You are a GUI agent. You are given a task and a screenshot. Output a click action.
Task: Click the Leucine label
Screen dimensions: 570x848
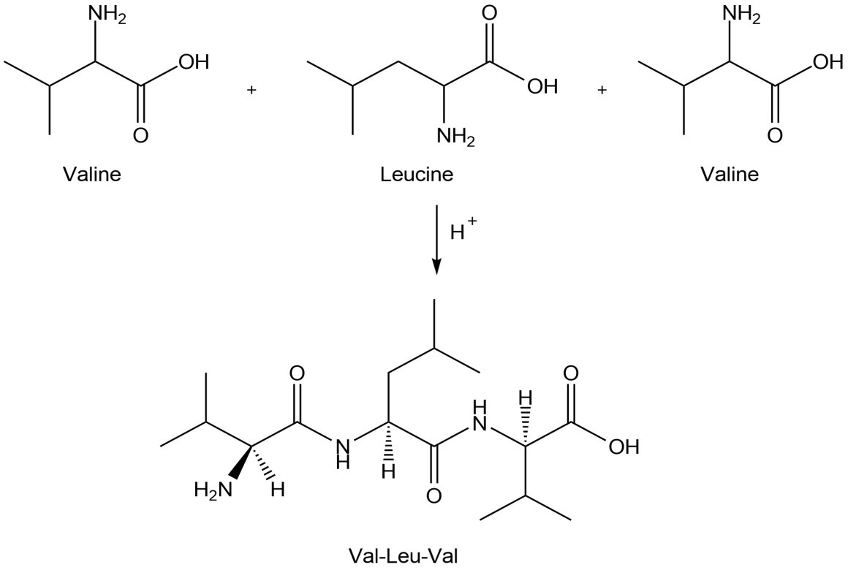[x=417, y=175]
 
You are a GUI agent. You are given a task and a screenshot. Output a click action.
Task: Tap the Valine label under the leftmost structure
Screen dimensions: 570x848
[x=92, y=175]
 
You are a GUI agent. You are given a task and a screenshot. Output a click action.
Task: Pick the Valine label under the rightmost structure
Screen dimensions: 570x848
[x=729, y=175]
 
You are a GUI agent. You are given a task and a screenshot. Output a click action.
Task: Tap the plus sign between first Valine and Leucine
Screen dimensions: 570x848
[x=252, y=90]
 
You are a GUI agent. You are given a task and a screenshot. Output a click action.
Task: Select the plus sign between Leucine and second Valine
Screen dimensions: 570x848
[x=602, y=90]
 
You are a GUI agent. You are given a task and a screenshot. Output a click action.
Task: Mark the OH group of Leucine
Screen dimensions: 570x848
[x=542, y=87]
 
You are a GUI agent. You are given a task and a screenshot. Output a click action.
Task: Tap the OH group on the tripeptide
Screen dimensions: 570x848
[x=623, y=446]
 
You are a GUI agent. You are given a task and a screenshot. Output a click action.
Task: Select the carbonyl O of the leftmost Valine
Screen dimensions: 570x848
[x=141, y=135]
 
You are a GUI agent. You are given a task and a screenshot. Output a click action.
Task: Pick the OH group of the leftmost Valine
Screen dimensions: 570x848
[x=193, y=61]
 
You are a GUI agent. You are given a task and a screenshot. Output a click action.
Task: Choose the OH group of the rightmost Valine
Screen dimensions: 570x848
[x=828, y=61]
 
